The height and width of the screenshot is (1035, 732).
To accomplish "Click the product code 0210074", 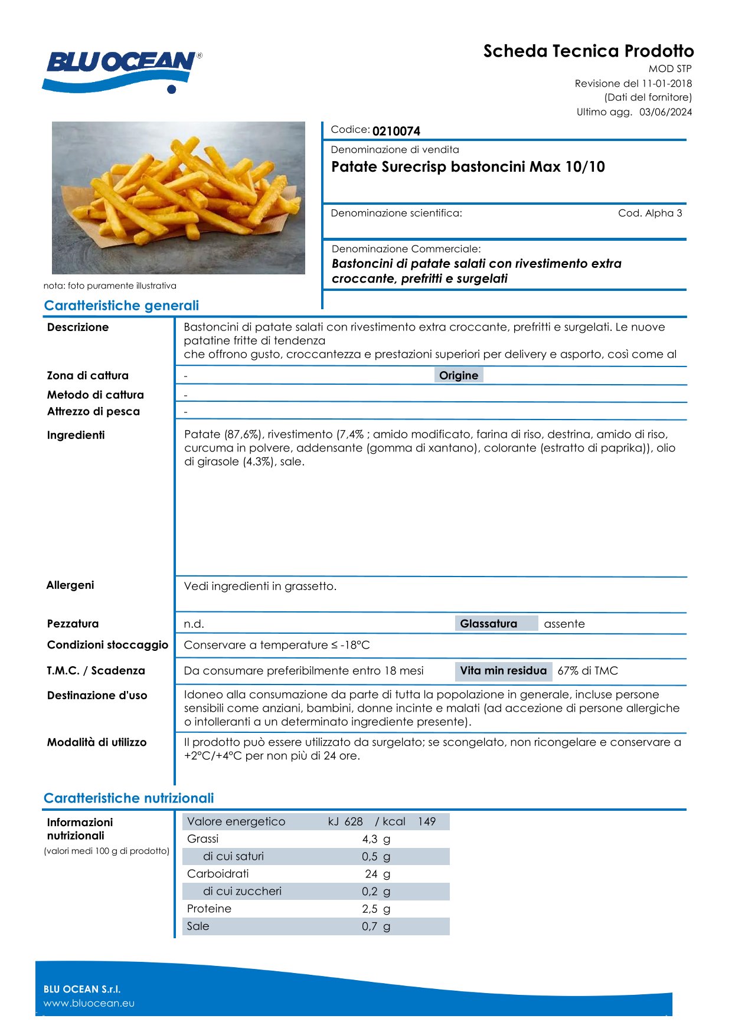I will [x=396, y=131].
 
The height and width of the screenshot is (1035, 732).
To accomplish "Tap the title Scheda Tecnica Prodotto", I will [x=588, y=51].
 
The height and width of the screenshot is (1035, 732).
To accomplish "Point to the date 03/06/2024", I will [x=665, y=112].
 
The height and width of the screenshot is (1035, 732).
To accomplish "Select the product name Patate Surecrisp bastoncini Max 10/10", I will [x=468, y=167].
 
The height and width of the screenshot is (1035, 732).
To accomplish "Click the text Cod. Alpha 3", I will [x=650, y=213].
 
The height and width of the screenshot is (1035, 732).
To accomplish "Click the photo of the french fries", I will [x=178, y=198].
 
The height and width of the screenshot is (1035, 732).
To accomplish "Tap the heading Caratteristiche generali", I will [x=121, y=306].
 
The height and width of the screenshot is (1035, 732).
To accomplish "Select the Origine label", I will [x=459, y=375].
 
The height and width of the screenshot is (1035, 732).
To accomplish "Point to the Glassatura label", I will [x=488, y=624].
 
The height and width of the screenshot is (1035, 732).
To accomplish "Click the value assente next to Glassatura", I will [x=564, y=624].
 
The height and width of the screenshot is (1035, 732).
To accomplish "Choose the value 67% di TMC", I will [x=587, y=671].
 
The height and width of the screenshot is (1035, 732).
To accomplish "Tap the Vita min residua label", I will [x=503, y=671].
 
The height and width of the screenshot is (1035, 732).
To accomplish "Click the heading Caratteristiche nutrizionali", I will [x=129, y=798].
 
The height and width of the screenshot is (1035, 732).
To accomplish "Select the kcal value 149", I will [x=427, y=822].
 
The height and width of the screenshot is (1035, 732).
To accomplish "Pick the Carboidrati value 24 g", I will [x=377, y=874].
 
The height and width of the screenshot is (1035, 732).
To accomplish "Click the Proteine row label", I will [x=209, y=909].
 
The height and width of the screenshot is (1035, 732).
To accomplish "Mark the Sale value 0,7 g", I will [x=376, y=926].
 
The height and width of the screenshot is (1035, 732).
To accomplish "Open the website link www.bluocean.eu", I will [x=89, y=1003].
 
